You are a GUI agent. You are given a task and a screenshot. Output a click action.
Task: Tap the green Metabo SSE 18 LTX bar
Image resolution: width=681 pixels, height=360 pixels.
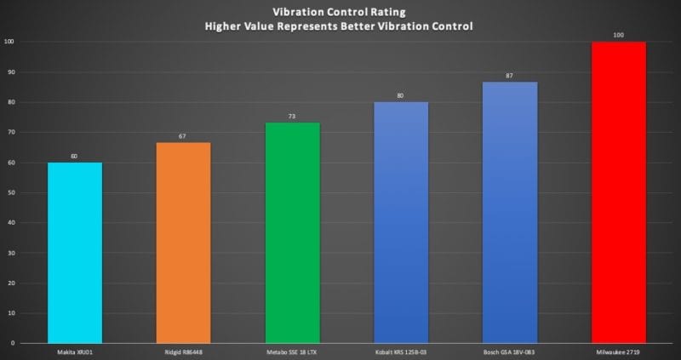(x=292, y=233)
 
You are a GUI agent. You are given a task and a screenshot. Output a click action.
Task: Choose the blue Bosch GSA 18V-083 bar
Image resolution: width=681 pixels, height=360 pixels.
(x=510, y=213)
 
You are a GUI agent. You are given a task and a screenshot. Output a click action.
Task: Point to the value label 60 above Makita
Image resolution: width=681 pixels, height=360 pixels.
(x=75, y=157)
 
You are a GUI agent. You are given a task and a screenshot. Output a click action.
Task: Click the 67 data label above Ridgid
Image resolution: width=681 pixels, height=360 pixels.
(x=183, y=136)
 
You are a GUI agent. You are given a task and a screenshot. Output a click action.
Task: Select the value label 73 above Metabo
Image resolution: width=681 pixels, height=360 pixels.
(x=292, y=117)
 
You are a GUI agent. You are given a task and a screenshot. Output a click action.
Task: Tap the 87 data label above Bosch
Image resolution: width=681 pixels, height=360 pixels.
(x=510, y=76)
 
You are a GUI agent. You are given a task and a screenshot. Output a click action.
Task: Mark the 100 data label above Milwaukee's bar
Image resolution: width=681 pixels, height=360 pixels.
(x=619, y=36)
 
